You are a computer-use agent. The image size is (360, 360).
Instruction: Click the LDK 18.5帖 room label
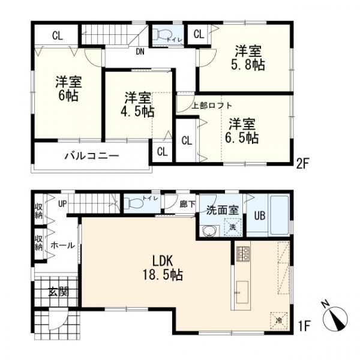(x=163, y=268)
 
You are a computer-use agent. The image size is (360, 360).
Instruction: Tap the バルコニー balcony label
(x=92, y=156)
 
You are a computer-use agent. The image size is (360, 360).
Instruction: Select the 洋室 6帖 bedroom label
(x=68, y=89)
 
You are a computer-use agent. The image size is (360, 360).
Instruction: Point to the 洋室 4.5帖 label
(x=137, y=104)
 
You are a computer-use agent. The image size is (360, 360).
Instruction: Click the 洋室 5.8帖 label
(x=248, y=58)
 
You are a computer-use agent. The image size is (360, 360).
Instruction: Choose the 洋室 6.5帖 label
(x=242, y=131)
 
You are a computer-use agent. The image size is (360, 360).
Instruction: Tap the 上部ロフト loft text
(x=212, y=106)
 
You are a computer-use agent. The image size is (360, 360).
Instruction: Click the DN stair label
(x=140, y=52)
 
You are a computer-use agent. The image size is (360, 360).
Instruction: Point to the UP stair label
(x=62, y=203)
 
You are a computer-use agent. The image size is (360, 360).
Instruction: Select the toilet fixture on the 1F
(x=133, y=203)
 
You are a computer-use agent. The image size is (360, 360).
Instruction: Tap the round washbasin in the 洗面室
(x=209, y=231)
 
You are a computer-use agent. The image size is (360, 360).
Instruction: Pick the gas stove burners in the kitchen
(x=243, y=254)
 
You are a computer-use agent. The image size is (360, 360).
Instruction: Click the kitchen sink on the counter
(x=242, y=292)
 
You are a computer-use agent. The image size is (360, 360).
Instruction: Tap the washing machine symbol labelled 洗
(x=233, y=227)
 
